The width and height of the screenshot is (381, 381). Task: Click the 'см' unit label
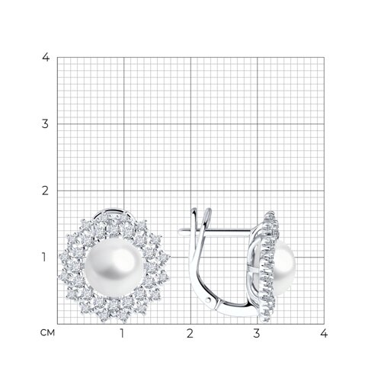[47, 333]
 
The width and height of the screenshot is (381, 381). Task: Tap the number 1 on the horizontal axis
[122, 333]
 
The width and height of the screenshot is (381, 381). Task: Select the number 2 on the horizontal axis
[190, 333]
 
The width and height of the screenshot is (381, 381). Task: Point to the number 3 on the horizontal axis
[257, 333]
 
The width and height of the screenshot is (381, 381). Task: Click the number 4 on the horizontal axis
[324, 333]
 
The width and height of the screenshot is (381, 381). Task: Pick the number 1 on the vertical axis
[44, 258]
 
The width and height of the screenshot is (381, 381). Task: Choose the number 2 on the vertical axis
[45, 190]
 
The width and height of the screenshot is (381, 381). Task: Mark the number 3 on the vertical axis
[45, 124]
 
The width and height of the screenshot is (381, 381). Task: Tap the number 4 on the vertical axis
[46, 57]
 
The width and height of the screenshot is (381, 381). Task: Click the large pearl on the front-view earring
[114, 268]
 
